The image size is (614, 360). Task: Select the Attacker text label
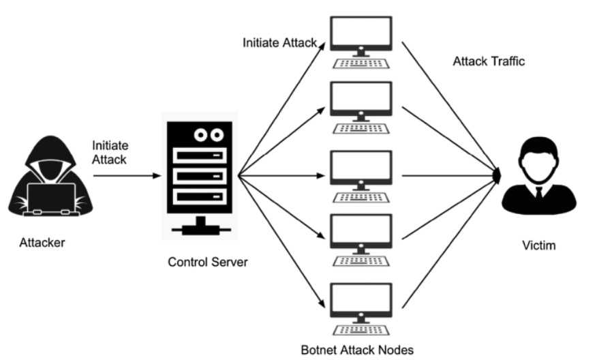tap(42, 242)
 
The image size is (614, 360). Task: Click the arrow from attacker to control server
tap(126, 175)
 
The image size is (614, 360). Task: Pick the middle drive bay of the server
tap(200, 176)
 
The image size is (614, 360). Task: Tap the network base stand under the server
tap(200, 228)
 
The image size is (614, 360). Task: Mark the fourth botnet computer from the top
tap(360, 232)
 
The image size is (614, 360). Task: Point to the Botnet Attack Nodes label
tap(357, 350)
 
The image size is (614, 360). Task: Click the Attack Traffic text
tap(489, 61)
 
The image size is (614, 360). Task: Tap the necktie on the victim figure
tap(538, 192)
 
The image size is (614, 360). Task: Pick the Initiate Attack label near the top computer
tap(279, 42)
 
